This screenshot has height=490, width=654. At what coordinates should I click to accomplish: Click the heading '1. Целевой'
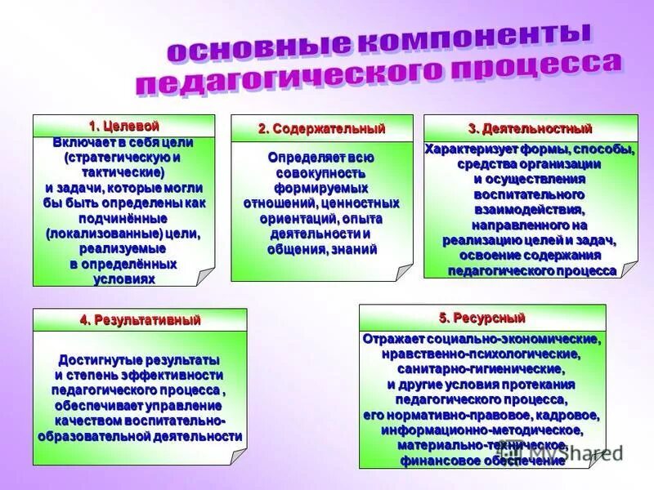tap(123, 126)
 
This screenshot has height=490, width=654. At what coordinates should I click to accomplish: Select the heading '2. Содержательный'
tap(321, 129)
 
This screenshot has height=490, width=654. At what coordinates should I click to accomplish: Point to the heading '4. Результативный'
tap(140, 320)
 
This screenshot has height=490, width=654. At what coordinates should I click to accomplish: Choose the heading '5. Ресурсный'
tap(482, 317)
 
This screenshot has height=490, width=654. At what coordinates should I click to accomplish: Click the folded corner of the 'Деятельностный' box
tap(628, 269)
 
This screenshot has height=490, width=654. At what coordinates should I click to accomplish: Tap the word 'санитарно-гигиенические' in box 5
tap(482, 369)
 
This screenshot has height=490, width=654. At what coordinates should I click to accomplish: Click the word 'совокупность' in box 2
tap(320, 173)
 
